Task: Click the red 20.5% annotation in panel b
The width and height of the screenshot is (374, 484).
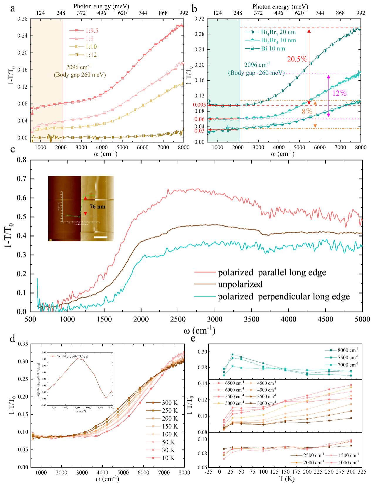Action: tap(297, 59)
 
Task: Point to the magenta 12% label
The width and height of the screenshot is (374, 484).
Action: tap(339, 93)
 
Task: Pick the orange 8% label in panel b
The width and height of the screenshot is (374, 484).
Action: tap(307, 111)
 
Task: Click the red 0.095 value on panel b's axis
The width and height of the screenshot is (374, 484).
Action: tap(199, 105)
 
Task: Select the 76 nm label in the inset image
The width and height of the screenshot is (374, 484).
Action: tap(97, 207)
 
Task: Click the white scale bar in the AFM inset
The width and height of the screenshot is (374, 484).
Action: tap(101, 237)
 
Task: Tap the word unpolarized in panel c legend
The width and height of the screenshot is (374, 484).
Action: tap(240, 284)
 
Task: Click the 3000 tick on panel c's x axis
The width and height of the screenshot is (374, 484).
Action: tap(215, 319)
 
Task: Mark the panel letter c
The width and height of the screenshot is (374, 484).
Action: tap(13, 149)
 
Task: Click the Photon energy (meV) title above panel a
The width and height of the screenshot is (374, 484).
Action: tap(101, 6)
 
